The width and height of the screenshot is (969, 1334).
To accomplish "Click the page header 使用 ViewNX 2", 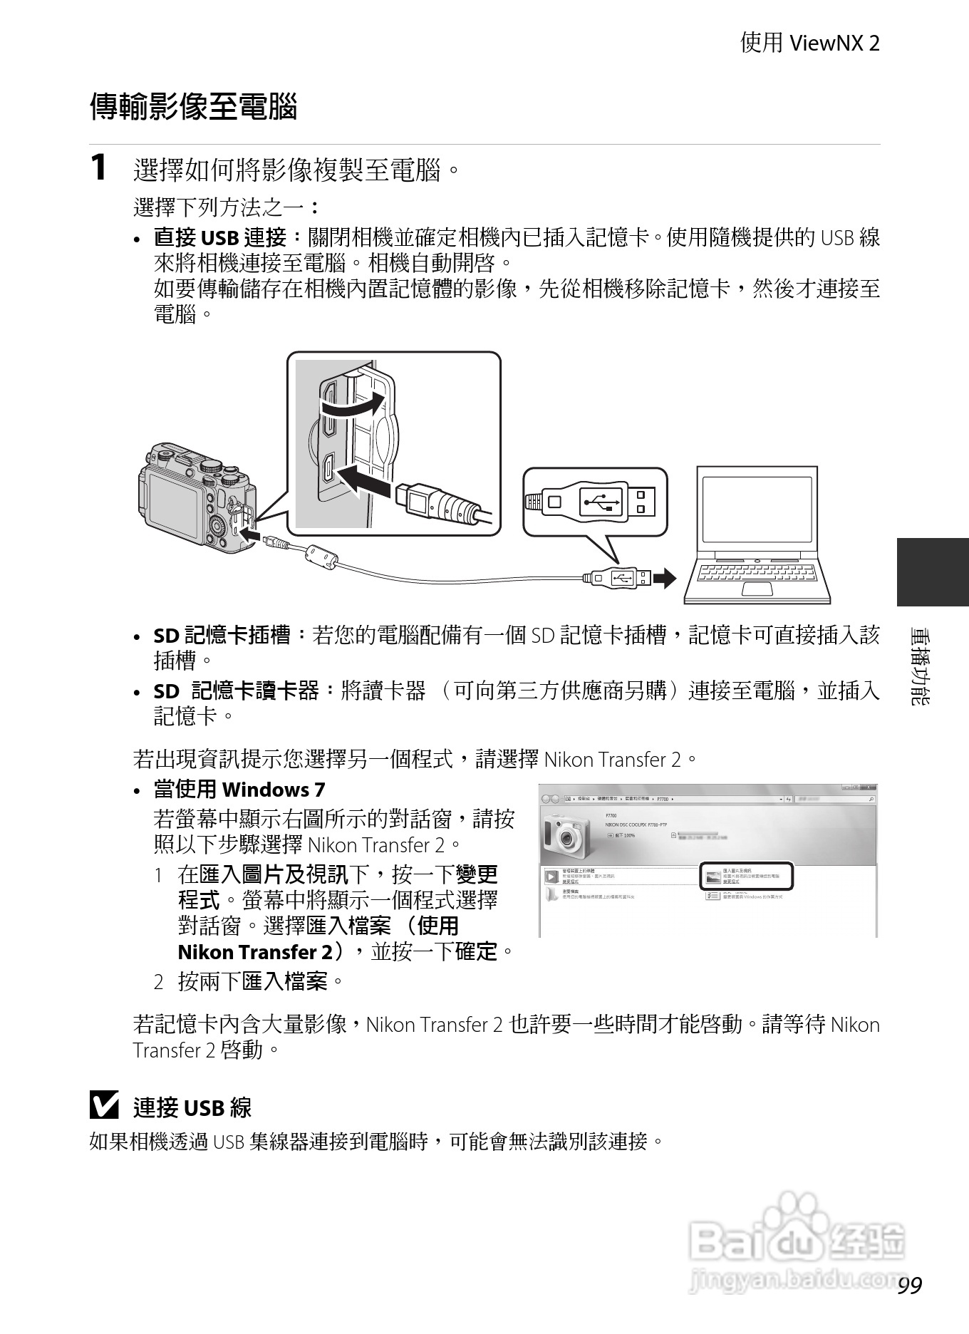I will tap(809, 43).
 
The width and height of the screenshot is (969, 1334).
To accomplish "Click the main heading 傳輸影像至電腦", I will tap(193, 108).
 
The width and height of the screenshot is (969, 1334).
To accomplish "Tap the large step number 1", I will tap(99, 168).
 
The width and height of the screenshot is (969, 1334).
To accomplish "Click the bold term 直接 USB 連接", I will tap(220, 238).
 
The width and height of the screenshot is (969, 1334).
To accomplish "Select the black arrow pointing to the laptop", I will tap(664, 579).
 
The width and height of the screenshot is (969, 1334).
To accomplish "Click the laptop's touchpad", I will tap(757, 589).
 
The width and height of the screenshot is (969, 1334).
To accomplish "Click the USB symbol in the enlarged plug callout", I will tap(600, 502).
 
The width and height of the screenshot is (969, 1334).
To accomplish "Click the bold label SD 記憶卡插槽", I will tap(222, 635).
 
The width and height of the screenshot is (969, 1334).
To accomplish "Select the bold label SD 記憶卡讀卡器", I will tap(236, 691).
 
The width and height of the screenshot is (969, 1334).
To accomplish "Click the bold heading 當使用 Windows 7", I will tap(239, 790).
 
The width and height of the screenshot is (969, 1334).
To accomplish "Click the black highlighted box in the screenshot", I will tap(746, 877).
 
